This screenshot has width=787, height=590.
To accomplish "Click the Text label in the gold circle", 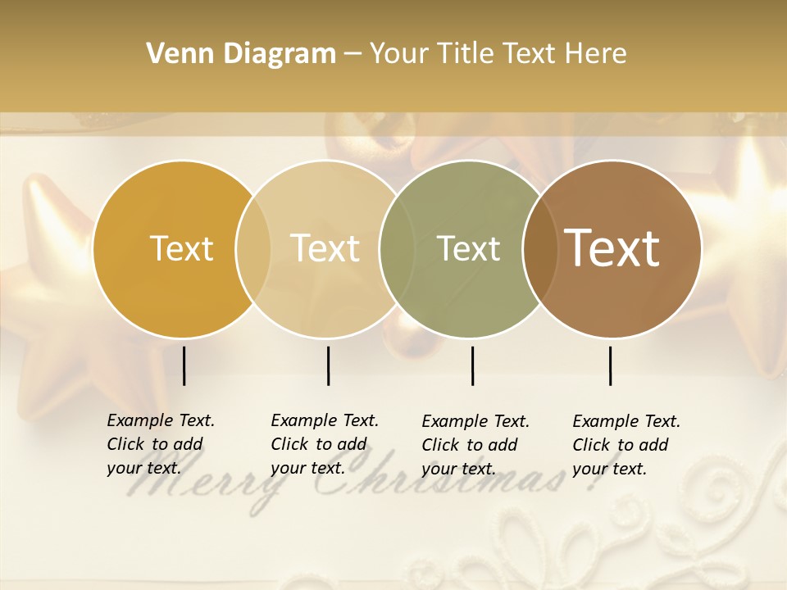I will point(181,248).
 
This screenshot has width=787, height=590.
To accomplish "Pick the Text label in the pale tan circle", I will point(325,248).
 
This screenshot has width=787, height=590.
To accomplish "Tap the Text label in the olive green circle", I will point(468,248).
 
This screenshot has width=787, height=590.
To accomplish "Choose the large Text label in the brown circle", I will point(612,248).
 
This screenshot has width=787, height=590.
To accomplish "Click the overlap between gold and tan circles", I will point(253,249).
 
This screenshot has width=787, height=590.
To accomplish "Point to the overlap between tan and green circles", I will point(397,249).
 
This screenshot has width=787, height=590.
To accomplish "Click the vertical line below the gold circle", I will point(184,365).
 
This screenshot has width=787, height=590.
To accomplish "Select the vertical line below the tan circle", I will point(328,365).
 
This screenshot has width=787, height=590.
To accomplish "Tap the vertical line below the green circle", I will point(472,365).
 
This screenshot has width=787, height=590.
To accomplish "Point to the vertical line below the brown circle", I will point(611,365).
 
